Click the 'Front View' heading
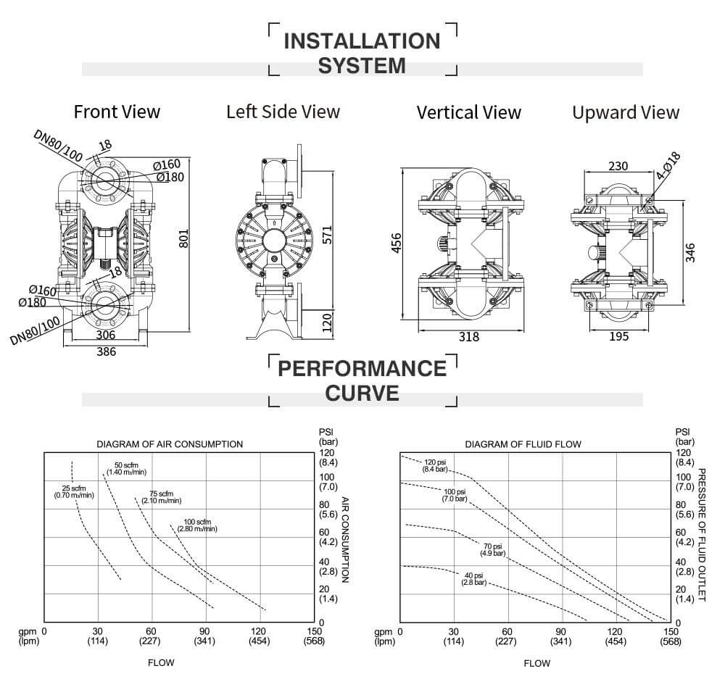tap(117, 112)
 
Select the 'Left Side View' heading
tap(283, 112)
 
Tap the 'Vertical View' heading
tap(468, 112)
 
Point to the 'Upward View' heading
tap(626, 112)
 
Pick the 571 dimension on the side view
tap(327, 236)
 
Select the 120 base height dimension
tap(327, 320)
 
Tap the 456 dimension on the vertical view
tap(396, 243)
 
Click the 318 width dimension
tap(468, 338)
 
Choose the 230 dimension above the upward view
tap(618, 166)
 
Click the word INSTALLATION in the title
tap(362, 41)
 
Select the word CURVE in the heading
tap(362, 393)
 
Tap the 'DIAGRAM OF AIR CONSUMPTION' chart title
tap(170, 444)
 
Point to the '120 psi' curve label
tap(435, 465)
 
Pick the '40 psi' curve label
tap(474, 578)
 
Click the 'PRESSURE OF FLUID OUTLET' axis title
tap(701, 534)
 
